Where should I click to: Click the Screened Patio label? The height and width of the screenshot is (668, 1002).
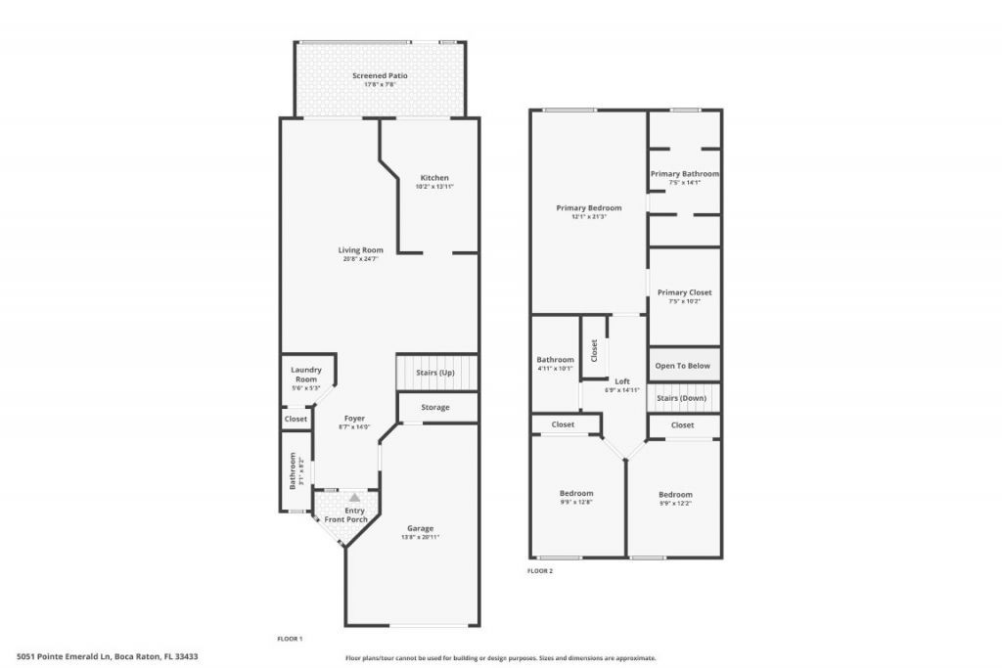tap(380, 75)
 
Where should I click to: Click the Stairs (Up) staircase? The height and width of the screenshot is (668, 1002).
tap(436, 373)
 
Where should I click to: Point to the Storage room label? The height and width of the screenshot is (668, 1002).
tap(435, 407)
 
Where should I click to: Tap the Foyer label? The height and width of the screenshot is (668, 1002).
tap(353, 419)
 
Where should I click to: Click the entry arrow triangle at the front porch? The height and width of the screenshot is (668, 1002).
tap(354, 498)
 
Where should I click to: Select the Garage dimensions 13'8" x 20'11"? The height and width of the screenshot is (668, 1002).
tap(420, 537)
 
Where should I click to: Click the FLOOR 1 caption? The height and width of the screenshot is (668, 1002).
tap(291, 639)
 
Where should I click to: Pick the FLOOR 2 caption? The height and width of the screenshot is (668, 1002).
tap(540, 570)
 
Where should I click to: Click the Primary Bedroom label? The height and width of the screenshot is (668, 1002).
tap(588, 207)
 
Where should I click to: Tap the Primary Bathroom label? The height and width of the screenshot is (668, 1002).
tap(685, 174)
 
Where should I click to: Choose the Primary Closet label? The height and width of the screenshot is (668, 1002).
tap(684, 292)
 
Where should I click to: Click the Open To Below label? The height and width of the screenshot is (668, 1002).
tap(684, 366)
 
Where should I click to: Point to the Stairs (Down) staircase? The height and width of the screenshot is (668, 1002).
tap(683, 398)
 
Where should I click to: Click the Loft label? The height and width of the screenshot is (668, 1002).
tap(622, 381)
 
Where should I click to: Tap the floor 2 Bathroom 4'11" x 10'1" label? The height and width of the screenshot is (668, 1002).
tap(555, 360)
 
